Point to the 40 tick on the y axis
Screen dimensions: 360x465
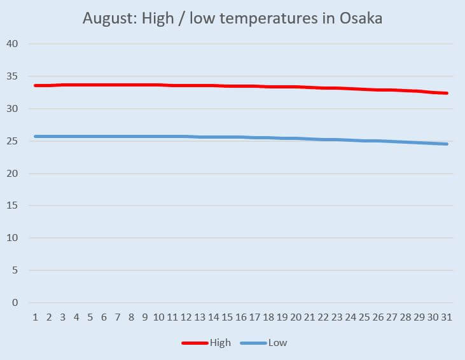pyautogui.click(x=14, y=44)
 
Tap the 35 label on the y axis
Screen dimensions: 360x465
pyautogui.click(x=14, y=76)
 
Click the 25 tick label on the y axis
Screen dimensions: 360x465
pyautogui.click(x=14, y=141)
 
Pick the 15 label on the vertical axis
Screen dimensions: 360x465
pyautogui.click(x=14, y=206)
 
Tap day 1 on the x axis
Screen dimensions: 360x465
pyautogui.click(x=35, y=316)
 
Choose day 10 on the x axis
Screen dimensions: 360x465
pyautogui.click(x=159, y=316)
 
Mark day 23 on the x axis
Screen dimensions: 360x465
pyautogui.click(x=338, y=316)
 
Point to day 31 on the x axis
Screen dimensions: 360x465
pyautogui.click(x=447, y=316)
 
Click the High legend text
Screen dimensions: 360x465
pyautogui.click(x=221, y=343)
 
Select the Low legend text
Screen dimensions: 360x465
pyautogui.click(x=277, y=343)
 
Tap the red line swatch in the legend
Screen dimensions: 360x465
pyautogui.click(x=195, y=343)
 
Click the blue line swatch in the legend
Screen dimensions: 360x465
pyautogui.click(x=253, y=343)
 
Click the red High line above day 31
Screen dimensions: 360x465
pyautogui.click(x=447, y=93)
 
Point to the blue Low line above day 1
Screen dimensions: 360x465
pyautogui.click(x=36, y=136)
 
